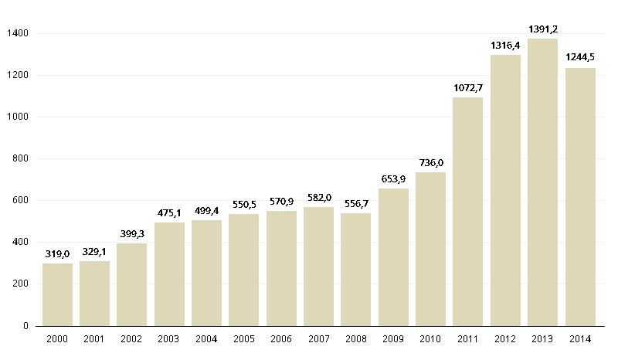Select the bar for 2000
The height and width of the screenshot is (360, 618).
(57, 294)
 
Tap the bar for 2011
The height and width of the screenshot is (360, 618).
(468, 212)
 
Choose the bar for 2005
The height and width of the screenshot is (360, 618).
(244, 270)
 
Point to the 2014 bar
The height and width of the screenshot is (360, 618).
(580, 197)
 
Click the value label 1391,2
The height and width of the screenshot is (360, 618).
(543, 29)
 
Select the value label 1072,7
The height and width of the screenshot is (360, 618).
(468, 88)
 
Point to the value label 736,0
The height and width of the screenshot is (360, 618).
(431, 163)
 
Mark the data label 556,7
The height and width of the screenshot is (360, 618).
(356, 204)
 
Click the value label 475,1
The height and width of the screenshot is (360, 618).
(169, 213)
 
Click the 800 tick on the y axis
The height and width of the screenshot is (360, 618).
(20, 159)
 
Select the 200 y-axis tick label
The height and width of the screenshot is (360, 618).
(20, 284)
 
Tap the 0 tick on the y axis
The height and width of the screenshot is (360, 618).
(25, 326)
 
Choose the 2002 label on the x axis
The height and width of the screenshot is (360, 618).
(132, 339)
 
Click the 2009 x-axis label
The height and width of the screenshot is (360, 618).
(393, 339)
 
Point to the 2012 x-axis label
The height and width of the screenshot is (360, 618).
(505, 339)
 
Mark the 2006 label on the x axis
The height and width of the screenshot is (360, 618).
(281, 339)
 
